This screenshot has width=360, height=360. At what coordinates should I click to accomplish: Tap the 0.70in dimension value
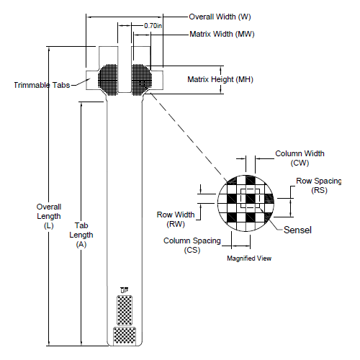click(152, 25)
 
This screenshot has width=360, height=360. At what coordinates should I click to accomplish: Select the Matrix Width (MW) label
click(222, 34)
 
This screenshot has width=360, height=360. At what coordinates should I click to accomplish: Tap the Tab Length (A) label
click(81, 235)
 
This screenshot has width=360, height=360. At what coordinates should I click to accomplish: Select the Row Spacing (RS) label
click(320, 186)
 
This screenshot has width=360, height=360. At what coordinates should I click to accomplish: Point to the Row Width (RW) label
click(176, 218)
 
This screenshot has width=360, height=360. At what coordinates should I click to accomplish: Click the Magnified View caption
click(248, 258)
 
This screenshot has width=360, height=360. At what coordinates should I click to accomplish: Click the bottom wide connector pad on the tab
click(125, 335)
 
